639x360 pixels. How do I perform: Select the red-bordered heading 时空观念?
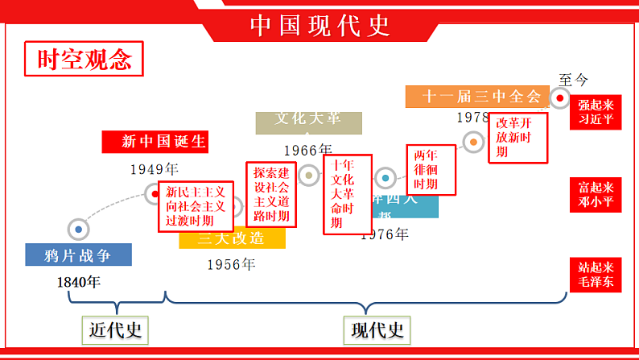[x=84, y=60]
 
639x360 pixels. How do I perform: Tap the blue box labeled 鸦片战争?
[x=78, y=255]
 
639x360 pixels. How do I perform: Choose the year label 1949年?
[x=154, y=169]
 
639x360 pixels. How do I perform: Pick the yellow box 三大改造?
[x=232, y=238]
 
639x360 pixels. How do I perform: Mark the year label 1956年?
[x=231, y=263]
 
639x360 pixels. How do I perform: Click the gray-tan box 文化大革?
[x=308, y=119]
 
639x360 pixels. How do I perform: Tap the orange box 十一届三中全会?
[x=482, y=97]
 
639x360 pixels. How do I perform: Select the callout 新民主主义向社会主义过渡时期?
[x=196, y=206]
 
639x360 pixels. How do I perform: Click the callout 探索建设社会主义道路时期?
[x=271, y=195]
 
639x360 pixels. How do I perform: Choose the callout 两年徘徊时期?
[x=431, y=170]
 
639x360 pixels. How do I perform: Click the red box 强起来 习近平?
[x=596, y=113]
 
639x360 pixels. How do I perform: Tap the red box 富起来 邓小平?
[x=596, y=194]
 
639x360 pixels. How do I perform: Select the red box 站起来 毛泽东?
[x=596, y=274]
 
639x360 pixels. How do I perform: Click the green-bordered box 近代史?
[x=116, y=329]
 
